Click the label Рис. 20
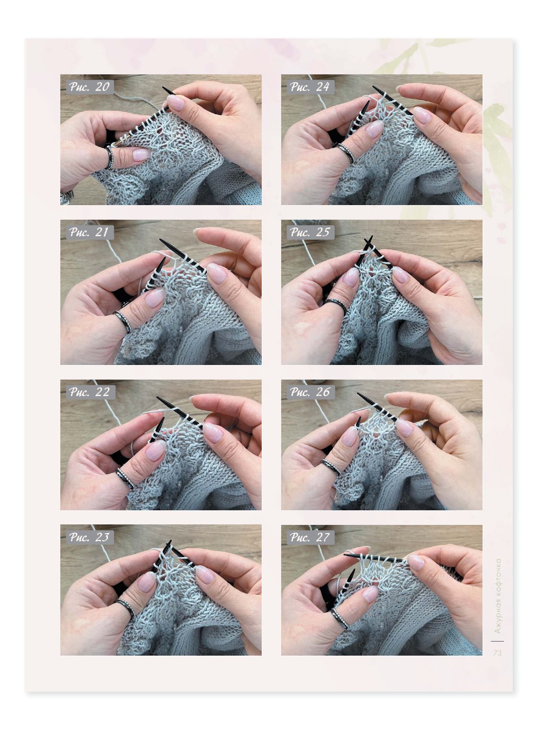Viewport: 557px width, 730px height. pyautogui.click(x=89, y=87)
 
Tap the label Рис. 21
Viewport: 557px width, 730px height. pyautogui.click(x=89, y=232)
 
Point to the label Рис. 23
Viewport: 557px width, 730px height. pyautogui.click(x=89, y=537)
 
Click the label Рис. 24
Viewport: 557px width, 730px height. pyautogui.click(x=310, y=87)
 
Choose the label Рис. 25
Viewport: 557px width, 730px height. pyautogui.click(x=310, y=232)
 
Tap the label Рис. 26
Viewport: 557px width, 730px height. pyautogui.click(x=310, y=392)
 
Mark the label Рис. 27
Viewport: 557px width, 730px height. pyautogui.click(x=310, y=537)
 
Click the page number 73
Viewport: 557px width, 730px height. pyautogui.click(x=497, y=653)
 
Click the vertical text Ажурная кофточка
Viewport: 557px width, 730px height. pyautogui.click(x=498, y=596)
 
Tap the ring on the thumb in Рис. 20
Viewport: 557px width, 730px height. pyautogui.click(x=109, y=157)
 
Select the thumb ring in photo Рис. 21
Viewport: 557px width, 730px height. pyautogui.click(x=123, y=322)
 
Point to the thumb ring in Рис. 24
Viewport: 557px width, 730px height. pyautogui.click(x=345, y=153)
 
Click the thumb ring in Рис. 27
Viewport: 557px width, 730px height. pyautogui.click(x=340, y=618)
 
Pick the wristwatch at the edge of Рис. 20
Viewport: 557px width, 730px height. pyautogui.click(x=66, y=197)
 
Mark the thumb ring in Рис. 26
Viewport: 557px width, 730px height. pyautogui.click(x=331, y=467)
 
